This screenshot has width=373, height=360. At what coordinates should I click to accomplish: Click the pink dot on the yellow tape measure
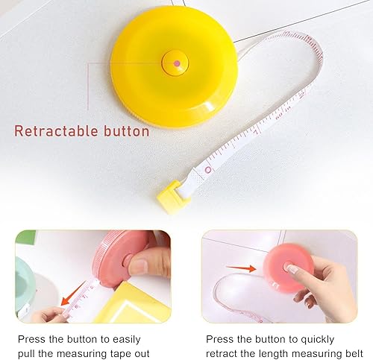(x=177, y=63)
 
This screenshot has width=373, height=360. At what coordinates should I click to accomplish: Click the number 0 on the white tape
(x=208, y=170)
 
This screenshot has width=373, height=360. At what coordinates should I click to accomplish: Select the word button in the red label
(x=127, y=130)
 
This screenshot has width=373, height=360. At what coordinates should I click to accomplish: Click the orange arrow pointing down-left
(x=73, y=294)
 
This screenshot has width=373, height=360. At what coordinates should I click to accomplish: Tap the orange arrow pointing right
(x=241, y=268)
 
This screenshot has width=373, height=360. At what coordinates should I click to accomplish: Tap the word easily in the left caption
(x=127, y=340)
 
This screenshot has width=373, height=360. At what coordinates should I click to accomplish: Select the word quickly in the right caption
(x=318, y=340)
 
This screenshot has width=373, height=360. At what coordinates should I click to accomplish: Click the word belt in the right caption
(x=354, y=353)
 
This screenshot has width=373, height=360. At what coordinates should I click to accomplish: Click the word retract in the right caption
(x=222, y=353)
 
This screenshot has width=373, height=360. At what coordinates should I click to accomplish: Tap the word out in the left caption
(x=142, y=353)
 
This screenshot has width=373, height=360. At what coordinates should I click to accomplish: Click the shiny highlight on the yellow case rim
(x=208, y=106)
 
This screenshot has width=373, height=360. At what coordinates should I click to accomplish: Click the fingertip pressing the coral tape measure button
(x=293, y=268)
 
